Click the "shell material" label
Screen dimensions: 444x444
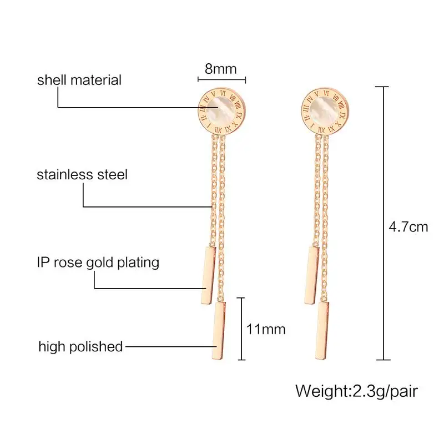79,80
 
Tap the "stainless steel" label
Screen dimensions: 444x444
82,175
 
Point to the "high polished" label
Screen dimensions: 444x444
80,347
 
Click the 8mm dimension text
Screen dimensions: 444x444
221,69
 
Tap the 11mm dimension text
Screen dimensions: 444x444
266,329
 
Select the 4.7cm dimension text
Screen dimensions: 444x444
408,226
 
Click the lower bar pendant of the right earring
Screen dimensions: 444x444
324,329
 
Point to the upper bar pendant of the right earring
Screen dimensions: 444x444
312,274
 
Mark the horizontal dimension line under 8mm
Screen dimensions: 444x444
221,79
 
